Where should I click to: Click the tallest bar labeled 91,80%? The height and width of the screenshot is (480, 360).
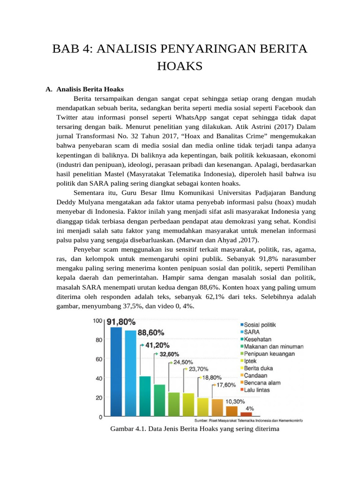coord(116,371)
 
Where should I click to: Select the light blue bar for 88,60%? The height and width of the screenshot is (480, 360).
coord(130,373)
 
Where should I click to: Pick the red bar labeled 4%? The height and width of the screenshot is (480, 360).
coord(246,414)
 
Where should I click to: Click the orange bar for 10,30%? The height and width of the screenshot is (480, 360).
coord(232,411)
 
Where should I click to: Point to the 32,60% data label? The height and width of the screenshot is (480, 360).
coord(169,354)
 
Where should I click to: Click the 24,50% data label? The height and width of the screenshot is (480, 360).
coord(183,362)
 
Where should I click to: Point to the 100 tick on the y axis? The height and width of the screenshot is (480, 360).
coord(97,321)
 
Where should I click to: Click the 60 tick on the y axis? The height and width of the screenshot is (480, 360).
coord(98,359)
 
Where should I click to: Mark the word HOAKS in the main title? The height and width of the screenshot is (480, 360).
coord(180,67)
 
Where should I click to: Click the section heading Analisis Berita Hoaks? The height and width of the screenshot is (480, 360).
coord(90,89)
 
